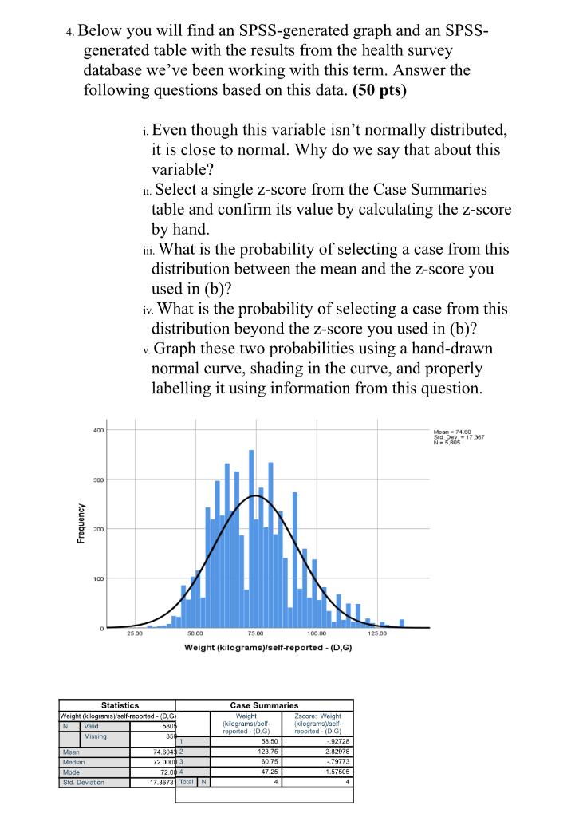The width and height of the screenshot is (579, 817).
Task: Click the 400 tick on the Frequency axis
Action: point(98,431)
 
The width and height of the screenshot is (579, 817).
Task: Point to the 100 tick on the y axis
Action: point(98,578)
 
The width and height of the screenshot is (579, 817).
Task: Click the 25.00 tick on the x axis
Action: point(133,633)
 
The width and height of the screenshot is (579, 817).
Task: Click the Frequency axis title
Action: point(81,523)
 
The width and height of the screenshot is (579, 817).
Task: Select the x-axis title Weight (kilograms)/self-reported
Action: point(268,647)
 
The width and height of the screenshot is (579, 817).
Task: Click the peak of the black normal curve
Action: point(254,495)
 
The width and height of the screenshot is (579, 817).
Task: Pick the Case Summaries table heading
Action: point(263,705)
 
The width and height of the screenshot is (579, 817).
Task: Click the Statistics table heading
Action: point(120,705)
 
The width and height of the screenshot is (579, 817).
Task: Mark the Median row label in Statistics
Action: point(74,761)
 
